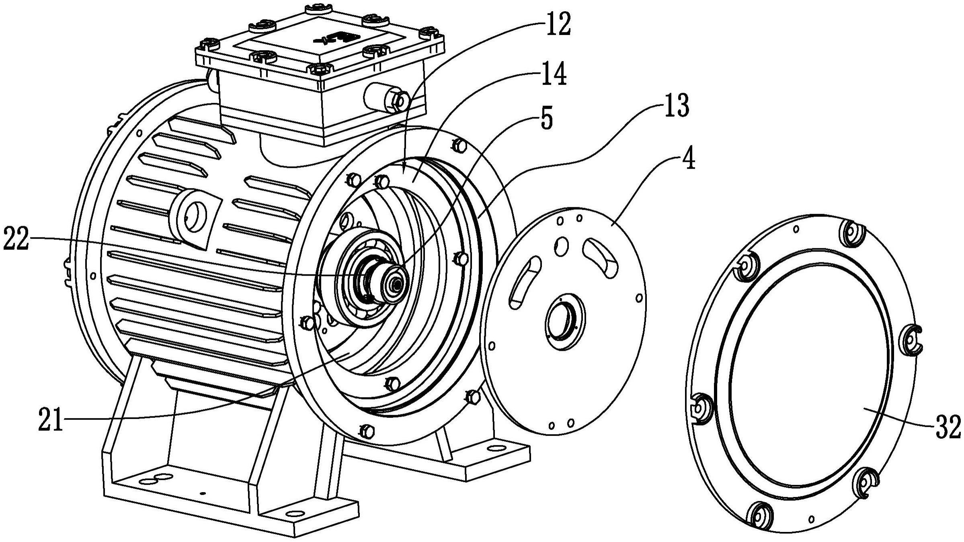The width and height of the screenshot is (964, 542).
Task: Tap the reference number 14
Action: [554, 75]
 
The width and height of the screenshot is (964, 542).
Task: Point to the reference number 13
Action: [676, 106]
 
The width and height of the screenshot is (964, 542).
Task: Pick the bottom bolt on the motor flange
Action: [366, 432]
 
